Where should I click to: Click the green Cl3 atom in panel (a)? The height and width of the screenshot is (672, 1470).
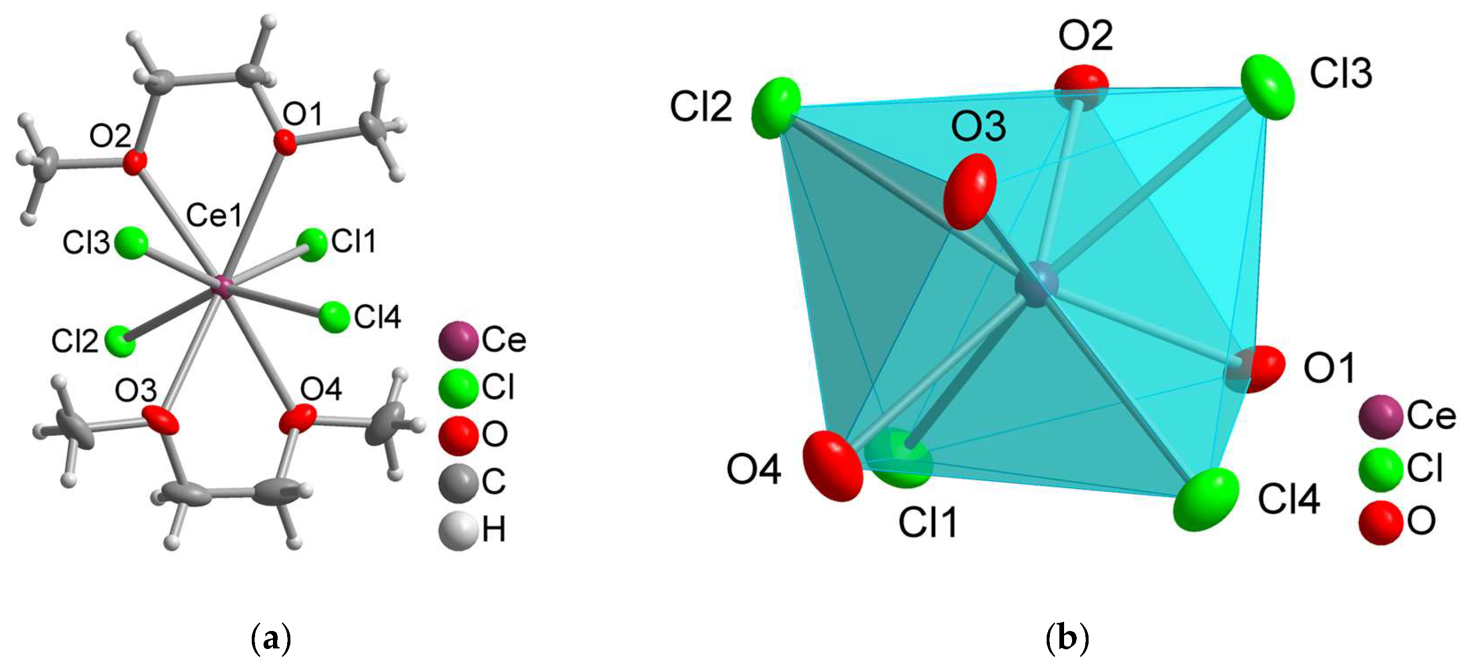click(131, 243)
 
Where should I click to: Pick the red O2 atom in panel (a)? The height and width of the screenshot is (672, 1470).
click(135, 163)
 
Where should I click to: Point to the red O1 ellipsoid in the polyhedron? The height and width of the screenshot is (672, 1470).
click(1255, 369)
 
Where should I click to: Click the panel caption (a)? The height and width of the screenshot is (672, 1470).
click(271, 639)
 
